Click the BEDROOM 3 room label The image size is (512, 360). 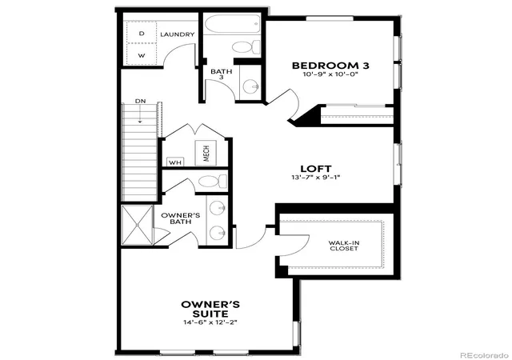pos(330,66)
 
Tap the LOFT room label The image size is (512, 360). pos(316,169)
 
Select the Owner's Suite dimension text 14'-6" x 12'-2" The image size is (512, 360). pos(210,322)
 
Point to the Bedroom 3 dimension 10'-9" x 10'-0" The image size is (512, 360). pos(330,74)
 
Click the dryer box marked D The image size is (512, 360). pos(142,33)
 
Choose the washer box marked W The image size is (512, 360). pos(142,54)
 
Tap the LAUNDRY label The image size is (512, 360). pos(178,34)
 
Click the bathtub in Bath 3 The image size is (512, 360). pos(232,23)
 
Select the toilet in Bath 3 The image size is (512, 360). pos(246,47)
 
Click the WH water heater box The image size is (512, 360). pos(175,162)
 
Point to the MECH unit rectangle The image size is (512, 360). pos(206,153)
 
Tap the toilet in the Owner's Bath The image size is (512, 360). pos(213,182)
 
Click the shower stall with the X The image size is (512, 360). pos(137,225)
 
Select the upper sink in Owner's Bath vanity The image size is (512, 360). pos(217,208)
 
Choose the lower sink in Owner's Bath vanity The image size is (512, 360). pos(217,234)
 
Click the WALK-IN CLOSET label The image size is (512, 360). pos(343,246)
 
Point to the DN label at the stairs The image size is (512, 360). pos(141,102)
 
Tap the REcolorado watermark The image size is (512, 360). pos(484,355)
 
